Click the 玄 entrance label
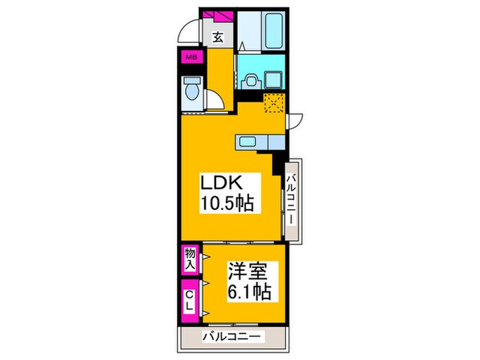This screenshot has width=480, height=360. click(217, 38)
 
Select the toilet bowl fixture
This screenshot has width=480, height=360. click(191, 89)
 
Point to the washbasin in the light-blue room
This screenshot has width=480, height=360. click(252, 80)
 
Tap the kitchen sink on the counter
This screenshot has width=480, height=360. click(248, 142)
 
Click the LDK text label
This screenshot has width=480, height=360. click(221, 183)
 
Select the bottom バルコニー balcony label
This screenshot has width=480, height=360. click(232, 337)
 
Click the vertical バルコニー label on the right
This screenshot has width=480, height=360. click(291, 199)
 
